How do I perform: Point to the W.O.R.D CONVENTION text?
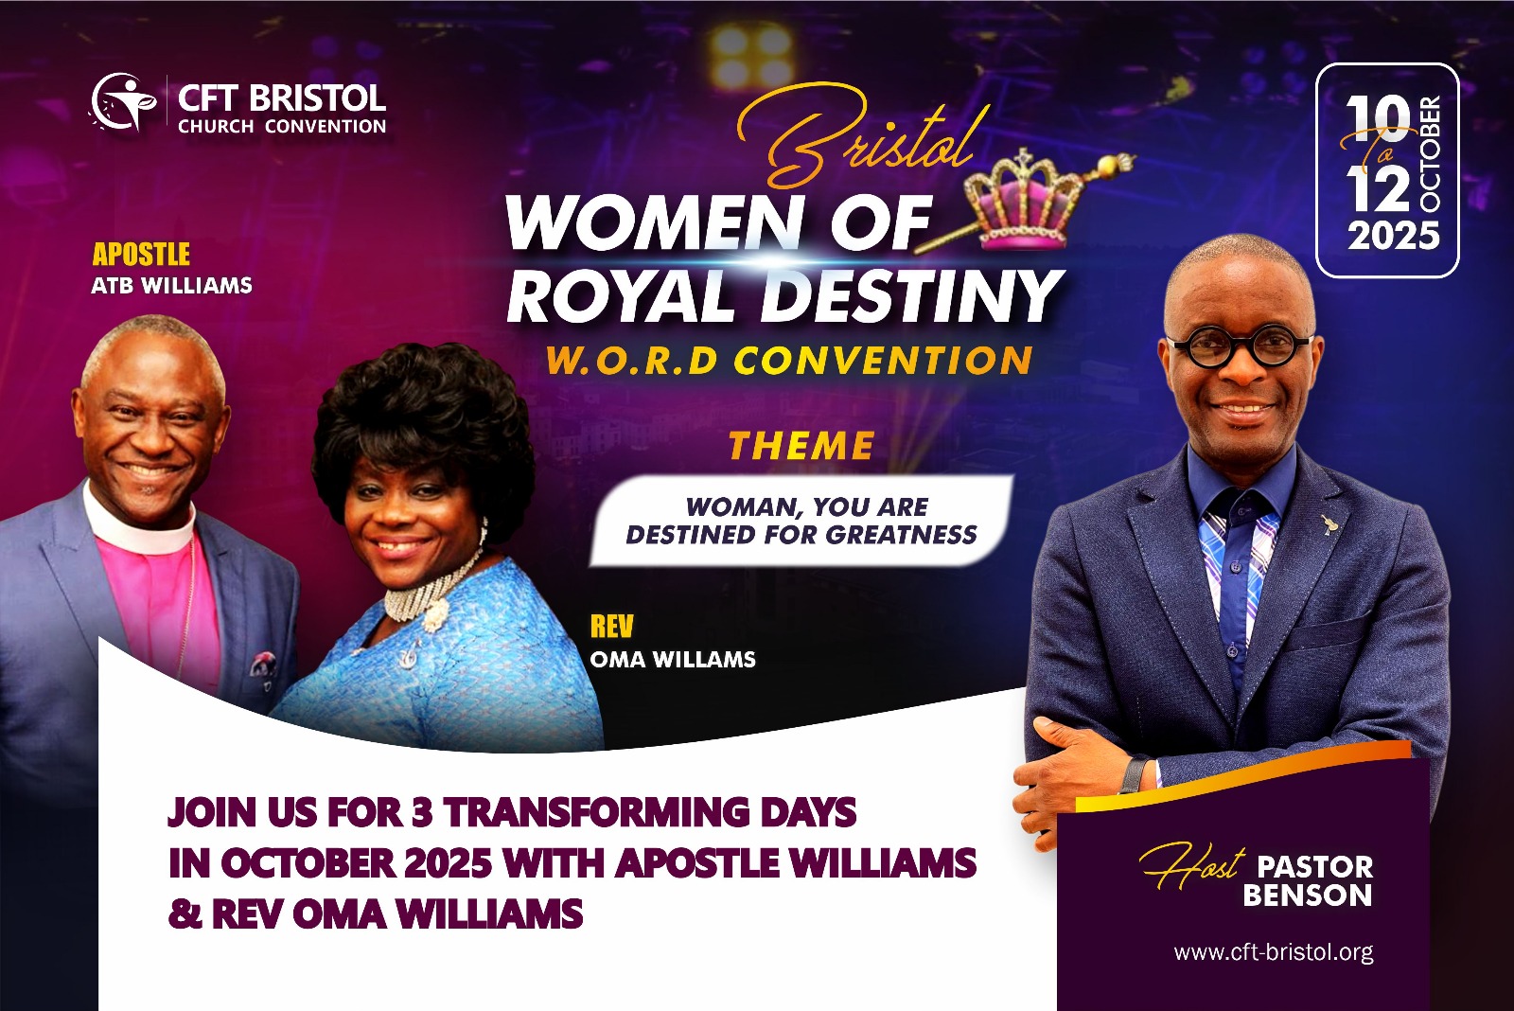pos(789,361)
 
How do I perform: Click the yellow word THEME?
pos(801,446)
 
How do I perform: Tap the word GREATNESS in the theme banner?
pos(901,535)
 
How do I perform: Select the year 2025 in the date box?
pos(1394,236)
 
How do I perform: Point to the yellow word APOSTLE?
pos(141,255)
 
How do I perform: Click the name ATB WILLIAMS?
pos(171,285)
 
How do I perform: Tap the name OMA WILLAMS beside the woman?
pos(673,660)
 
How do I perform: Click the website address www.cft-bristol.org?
pos(1274,953)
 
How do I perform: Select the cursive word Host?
pos(1193,865)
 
